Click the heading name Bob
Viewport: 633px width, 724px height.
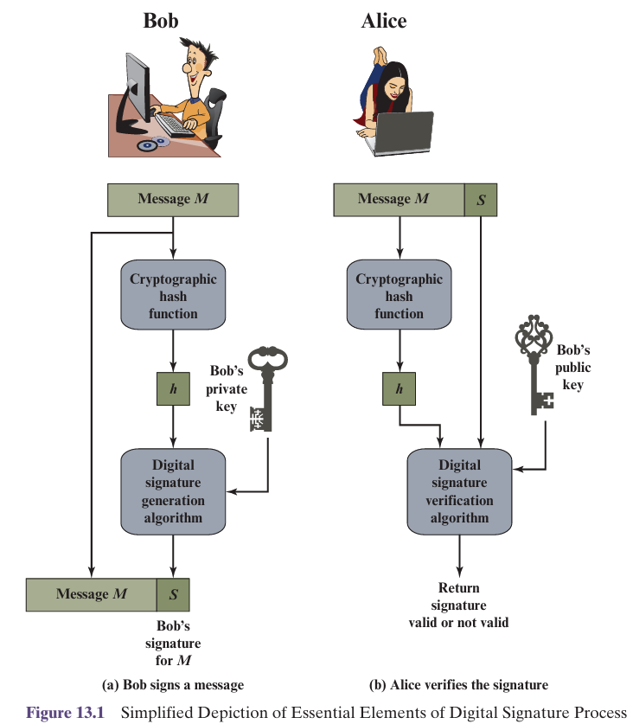161,20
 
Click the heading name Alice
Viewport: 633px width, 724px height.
384,20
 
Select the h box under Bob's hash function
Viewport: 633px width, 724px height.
173,388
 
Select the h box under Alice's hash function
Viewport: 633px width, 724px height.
399,388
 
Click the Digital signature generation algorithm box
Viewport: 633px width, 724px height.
173,491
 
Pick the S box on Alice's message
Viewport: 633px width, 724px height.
481,199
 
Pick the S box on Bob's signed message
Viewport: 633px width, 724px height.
173,594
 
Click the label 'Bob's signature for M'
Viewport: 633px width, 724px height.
173,643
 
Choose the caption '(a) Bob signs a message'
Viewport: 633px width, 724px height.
173,685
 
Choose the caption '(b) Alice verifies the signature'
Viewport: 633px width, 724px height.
458,685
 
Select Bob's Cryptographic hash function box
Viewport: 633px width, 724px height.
173,296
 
